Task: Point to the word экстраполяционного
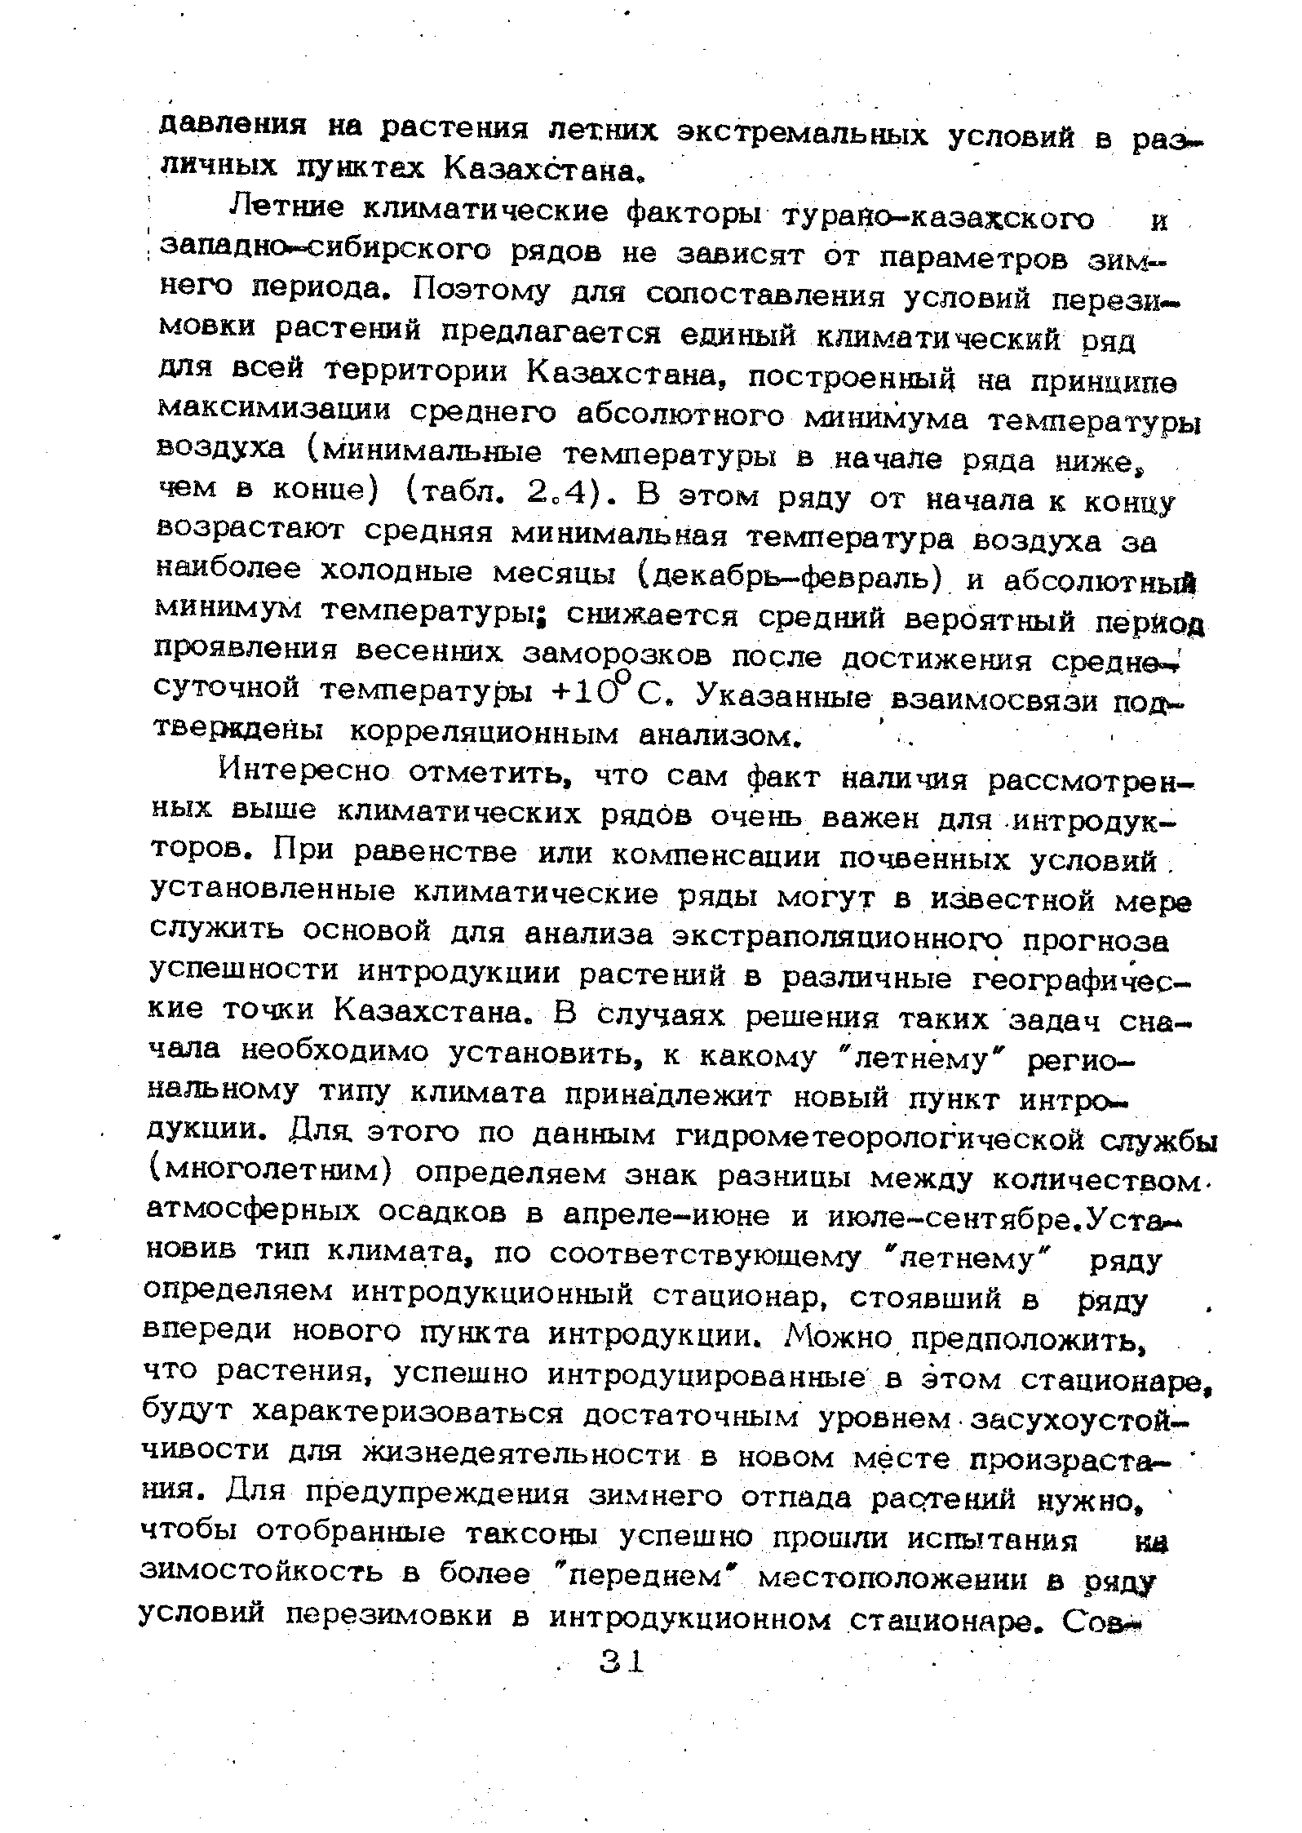coord(836,938)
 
